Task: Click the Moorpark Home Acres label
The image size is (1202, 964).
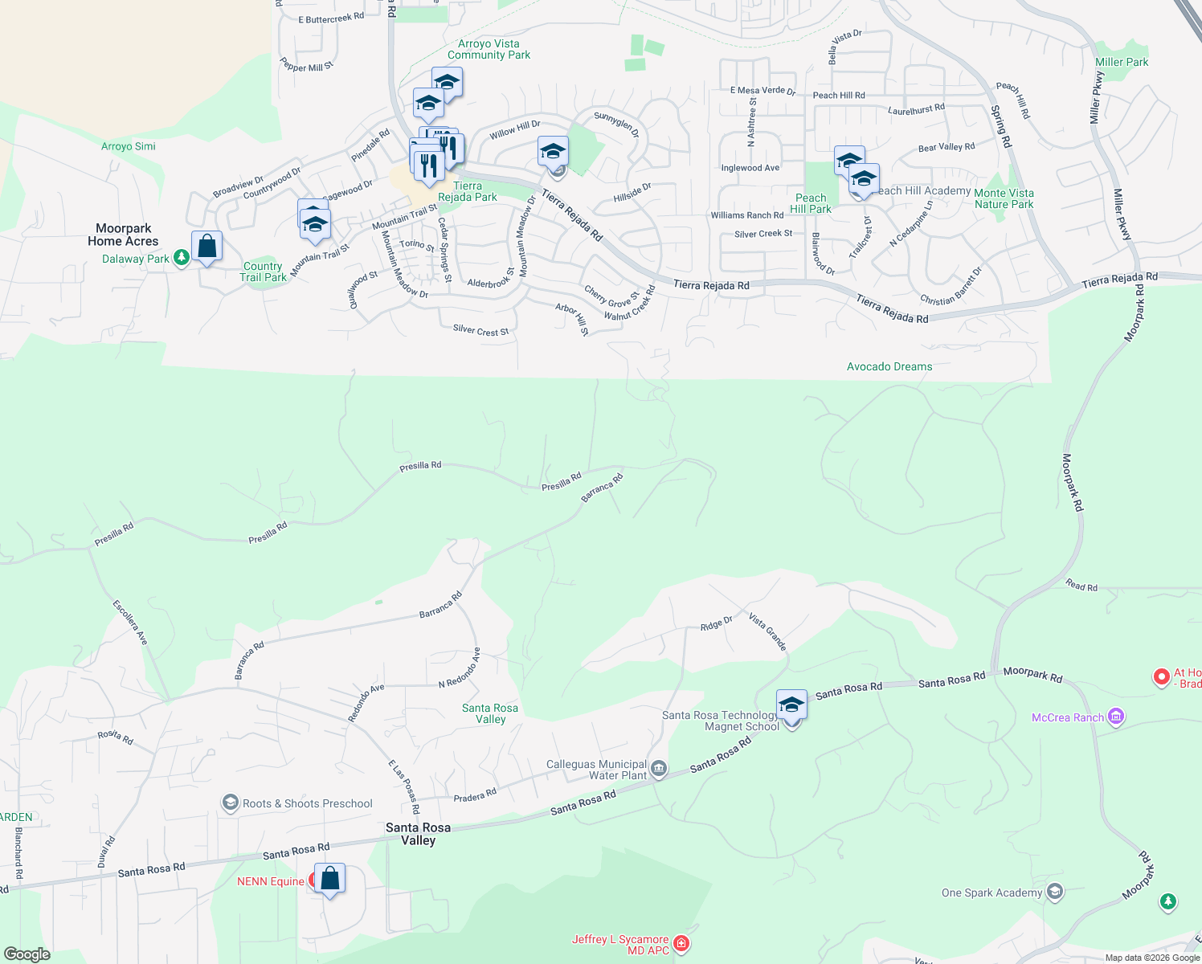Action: click(x=123, y=235)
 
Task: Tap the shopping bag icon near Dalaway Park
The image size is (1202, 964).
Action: click(x=206, y=247)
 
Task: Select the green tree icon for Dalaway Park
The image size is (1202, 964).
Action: click(x=182, y=257)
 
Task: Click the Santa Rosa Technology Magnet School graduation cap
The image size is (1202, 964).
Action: click(x=791, y=705)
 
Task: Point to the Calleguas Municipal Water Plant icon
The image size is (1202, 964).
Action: click(x=659, y=769)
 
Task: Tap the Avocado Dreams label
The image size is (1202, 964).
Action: click(x=889, y=366)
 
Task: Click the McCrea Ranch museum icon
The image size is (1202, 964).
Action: click(x=1115, y=717)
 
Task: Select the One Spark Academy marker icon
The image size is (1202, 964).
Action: click(x=1055, y=892)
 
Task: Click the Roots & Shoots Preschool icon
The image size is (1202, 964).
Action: click(x=231, y=803)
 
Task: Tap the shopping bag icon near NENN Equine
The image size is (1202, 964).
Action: click(x=329, y=878)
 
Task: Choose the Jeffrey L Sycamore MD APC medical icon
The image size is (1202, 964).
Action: click(x=681, y=943)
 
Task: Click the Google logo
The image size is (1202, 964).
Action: click(x=27, y=954)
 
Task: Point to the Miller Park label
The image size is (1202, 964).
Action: click(x=1122, y=62)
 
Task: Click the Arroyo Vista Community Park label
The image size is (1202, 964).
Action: click(x=489, y=49)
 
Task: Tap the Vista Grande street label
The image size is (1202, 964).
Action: click(x=767, y=631)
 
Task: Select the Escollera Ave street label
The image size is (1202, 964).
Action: click(x=130, y=622)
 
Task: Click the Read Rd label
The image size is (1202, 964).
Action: click(x=1081, y=586)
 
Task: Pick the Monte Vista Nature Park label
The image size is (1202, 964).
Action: click(x=1004, y=198)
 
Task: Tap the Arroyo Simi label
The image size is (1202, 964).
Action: click(x=129, y=146)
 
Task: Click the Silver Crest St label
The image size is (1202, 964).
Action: click(x=480, y=330)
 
